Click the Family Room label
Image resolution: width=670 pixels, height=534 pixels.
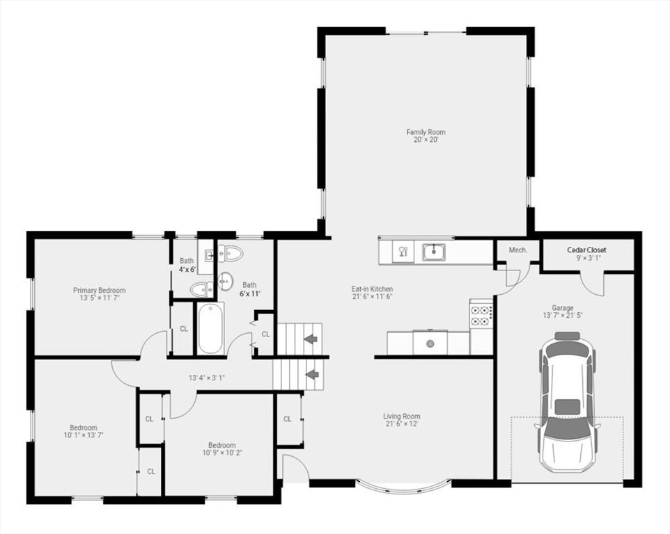point(426,132)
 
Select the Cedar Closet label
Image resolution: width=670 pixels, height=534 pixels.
point(586,250)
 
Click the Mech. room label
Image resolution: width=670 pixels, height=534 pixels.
point(517,250)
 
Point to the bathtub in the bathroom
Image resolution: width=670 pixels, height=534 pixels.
point(210,328)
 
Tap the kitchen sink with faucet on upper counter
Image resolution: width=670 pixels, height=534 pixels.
point(433,251)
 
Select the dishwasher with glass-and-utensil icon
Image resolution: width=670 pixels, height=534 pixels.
point(403,252)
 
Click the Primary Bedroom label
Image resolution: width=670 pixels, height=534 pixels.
point(100,291)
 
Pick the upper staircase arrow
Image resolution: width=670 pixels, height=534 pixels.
point(311,339)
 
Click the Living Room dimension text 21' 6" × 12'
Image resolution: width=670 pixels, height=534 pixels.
point(402,423)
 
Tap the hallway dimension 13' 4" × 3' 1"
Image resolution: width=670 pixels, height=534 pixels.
point(207,378)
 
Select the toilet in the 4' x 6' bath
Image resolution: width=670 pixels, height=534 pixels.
point(201,289)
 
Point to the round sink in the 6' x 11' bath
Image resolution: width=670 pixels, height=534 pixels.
point(226,281)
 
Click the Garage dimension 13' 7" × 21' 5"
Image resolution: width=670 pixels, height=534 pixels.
point(562,315)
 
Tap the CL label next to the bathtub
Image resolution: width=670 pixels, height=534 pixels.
point(183,329)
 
